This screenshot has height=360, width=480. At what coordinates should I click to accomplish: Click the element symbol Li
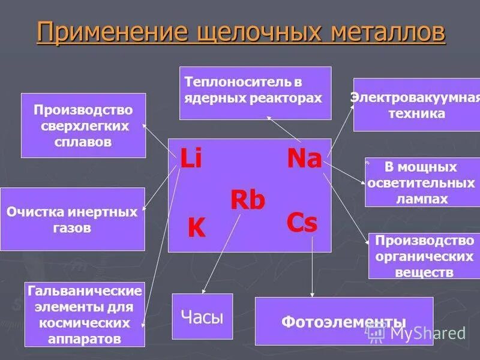pos(191,160)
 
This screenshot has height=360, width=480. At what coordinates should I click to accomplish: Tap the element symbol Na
pos(304,158)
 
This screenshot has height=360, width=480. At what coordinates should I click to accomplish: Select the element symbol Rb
pos(247,200)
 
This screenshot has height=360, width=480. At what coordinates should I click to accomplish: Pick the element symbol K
pos(196,229)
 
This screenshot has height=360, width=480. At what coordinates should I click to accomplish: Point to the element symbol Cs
pos(301,223)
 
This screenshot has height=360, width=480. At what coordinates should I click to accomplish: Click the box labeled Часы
pos(202,317)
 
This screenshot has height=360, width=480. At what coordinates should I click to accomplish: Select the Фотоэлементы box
pos(343,321)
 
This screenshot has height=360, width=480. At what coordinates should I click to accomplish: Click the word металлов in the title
pos(386,32)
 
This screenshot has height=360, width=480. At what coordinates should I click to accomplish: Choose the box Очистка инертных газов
pos(72,219)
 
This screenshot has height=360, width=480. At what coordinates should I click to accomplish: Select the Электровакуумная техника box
pos(416,104)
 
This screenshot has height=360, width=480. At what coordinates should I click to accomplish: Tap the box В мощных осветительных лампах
pos(422,182)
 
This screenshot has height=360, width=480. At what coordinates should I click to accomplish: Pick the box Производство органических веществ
pos(424,256)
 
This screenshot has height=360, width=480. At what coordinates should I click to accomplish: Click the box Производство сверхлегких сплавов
pos(83,125)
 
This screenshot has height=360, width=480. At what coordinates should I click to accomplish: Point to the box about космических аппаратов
pos(85,314)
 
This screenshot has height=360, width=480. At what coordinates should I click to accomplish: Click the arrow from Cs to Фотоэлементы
pos(312,264)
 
